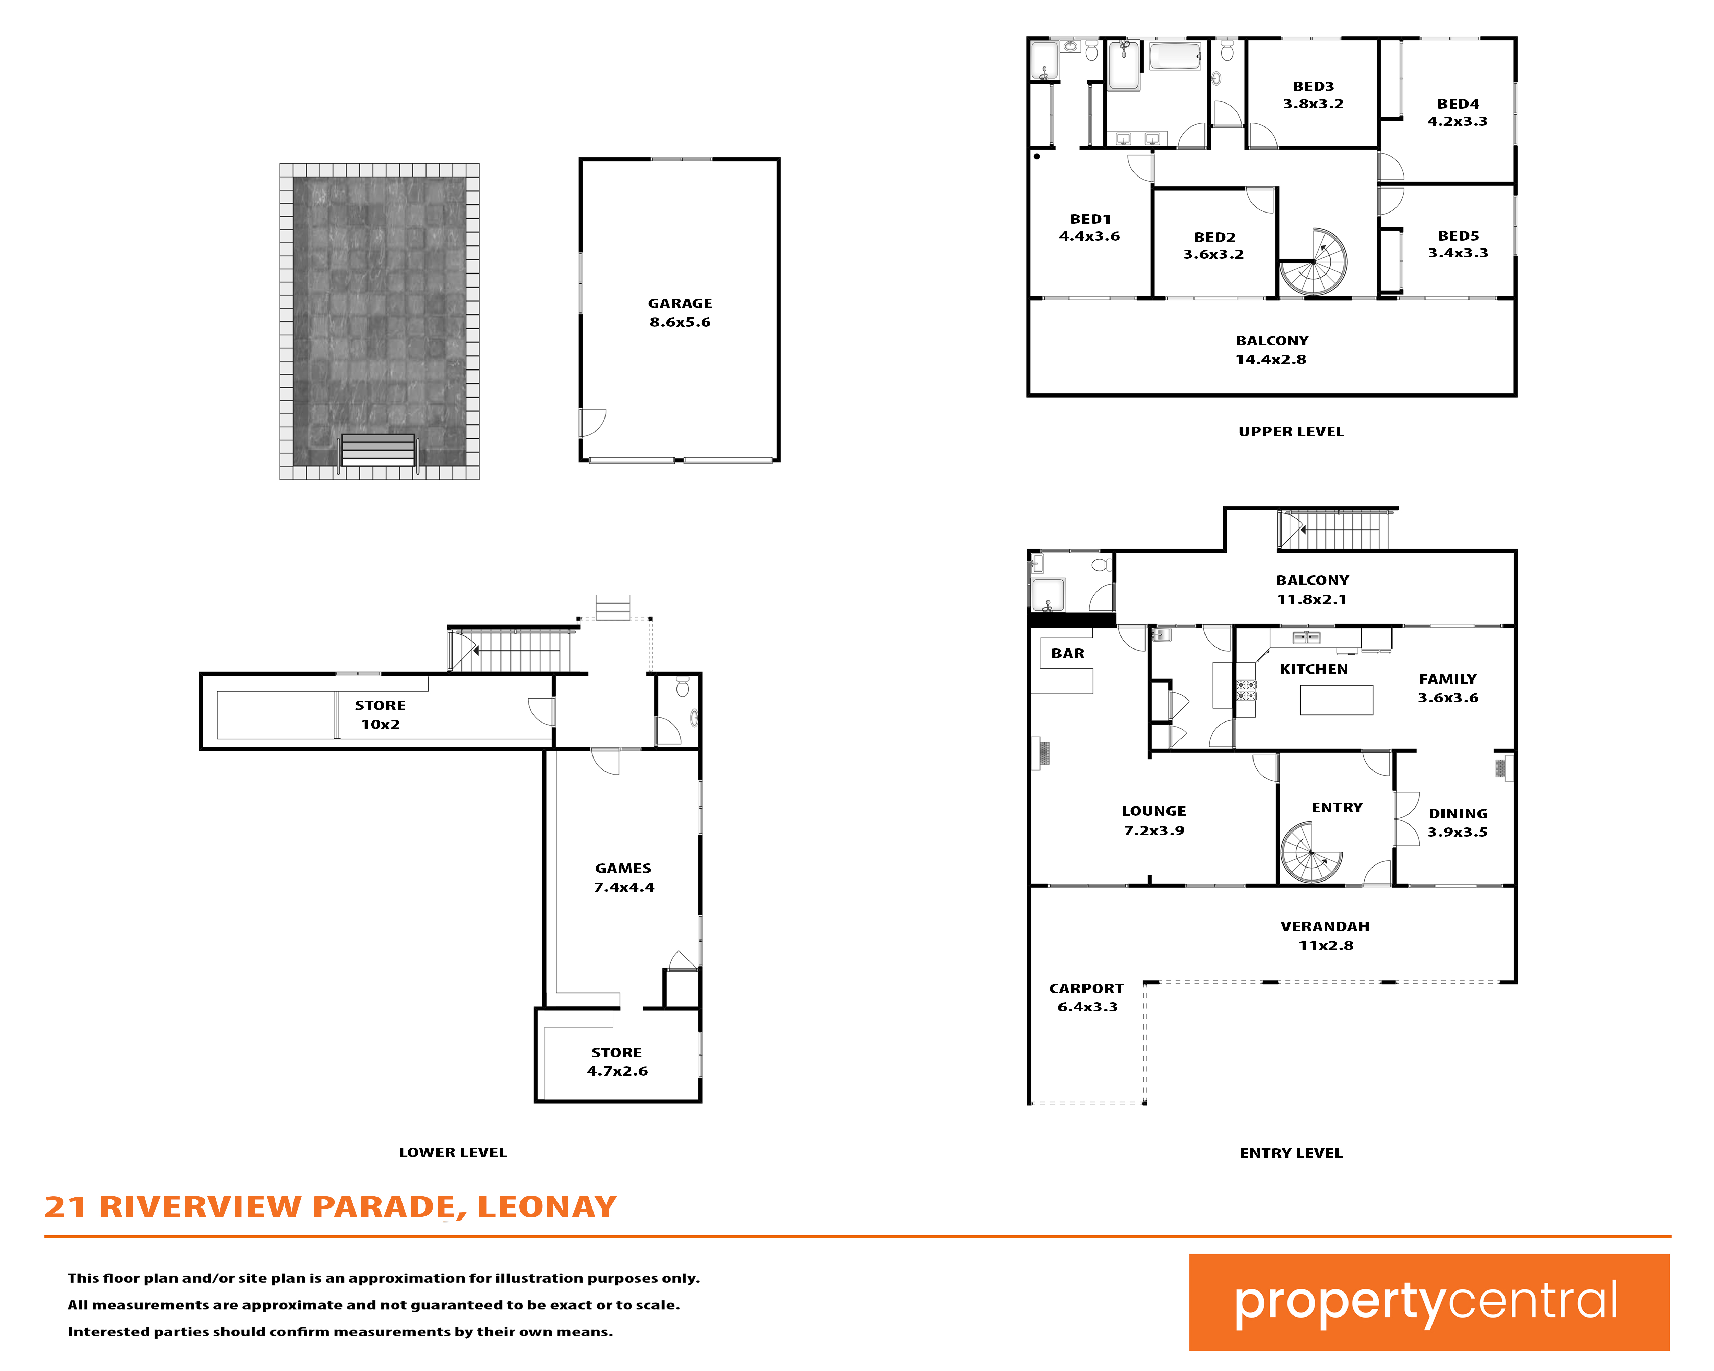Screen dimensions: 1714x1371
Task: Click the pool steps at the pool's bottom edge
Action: pyautogui.click(x=379, y=450)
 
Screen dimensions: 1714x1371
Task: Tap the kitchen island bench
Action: pyautogui.click(x=1337, y=700)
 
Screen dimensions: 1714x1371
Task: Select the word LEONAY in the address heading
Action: pyautogui.click(x=547, y=1207)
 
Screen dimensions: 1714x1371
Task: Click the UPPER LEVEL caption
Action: pyautogui.click(x=1291, y=432)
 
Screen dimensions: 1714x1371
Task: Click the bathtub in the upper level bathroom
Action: pyautogui.click(x=1175, y=57)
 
